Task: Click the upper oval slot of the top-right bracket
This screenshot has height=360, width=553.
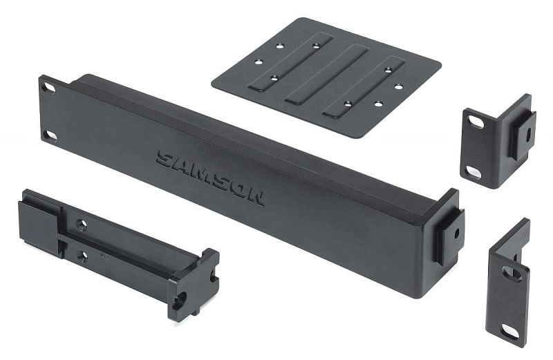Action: click(476, 122)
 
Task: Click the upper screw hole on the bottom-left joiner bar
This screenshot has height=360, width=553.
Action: click(82, 225)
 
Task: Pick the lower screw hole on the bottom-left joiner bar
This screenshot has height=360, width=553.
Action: click(83, 256)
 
